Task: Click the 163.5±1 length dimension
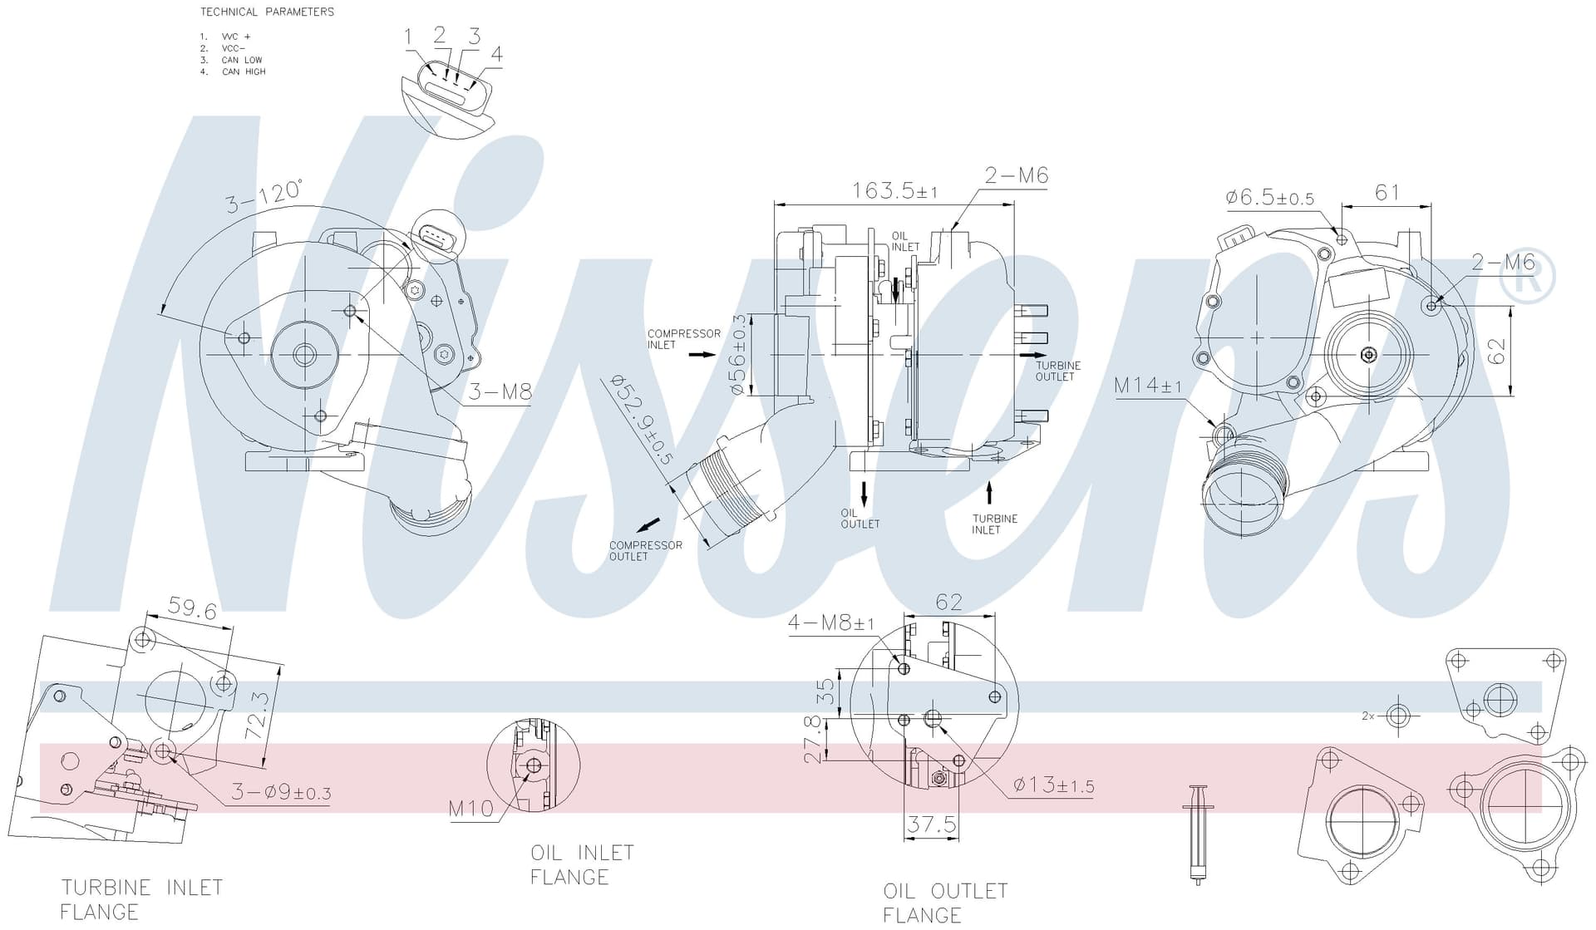894,191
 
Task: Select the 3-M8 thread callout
500,392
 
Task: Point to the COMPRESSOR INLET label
684,339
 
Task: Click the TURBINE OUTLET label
1058,371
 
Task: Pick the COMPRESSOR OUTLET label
646,551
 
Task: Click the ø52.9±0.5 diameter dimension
641,419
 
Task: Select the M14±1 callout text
1148,386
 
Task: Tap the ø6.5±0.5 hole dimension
1269,198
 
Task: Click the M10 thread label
471,809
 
